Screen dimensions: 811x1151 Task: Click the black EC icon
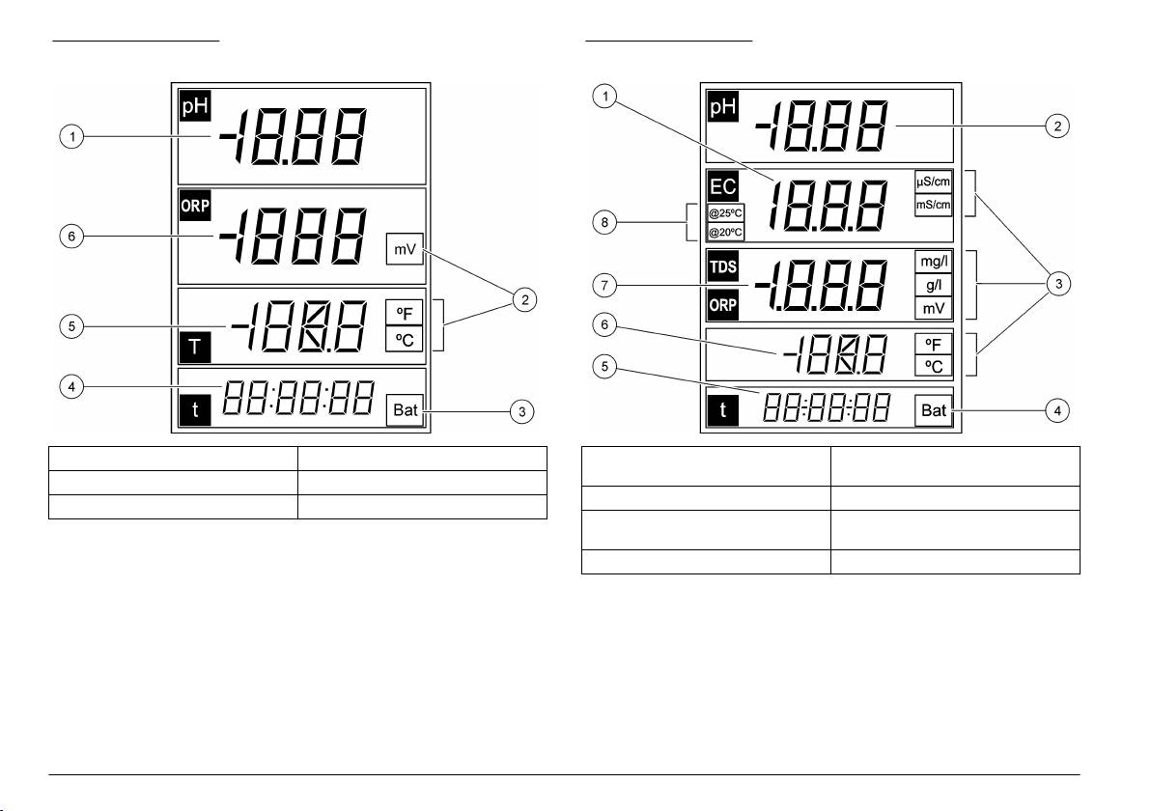coord(723,187)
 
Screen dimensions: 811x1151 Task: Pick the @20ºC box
coord(725,233)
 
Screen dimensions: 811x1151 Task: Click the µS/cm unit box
coord(934,182)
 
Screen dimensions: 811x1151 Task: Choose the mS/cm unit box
coord(934,204)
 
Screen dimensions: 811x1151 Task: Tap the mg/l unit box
coord(934,262)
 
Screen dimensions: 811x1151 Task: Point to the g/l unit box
coord(934,285)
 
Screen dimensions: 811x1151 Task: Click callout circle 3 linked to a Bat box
coord(522,411)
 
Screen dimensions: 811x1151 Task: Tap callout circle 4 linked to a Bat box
coord(1058,411)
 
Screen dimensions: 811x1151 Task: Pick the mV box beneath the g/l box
coord(934,308)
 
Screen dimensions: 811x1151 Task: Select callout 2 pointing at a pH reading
coord(1058,126)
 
